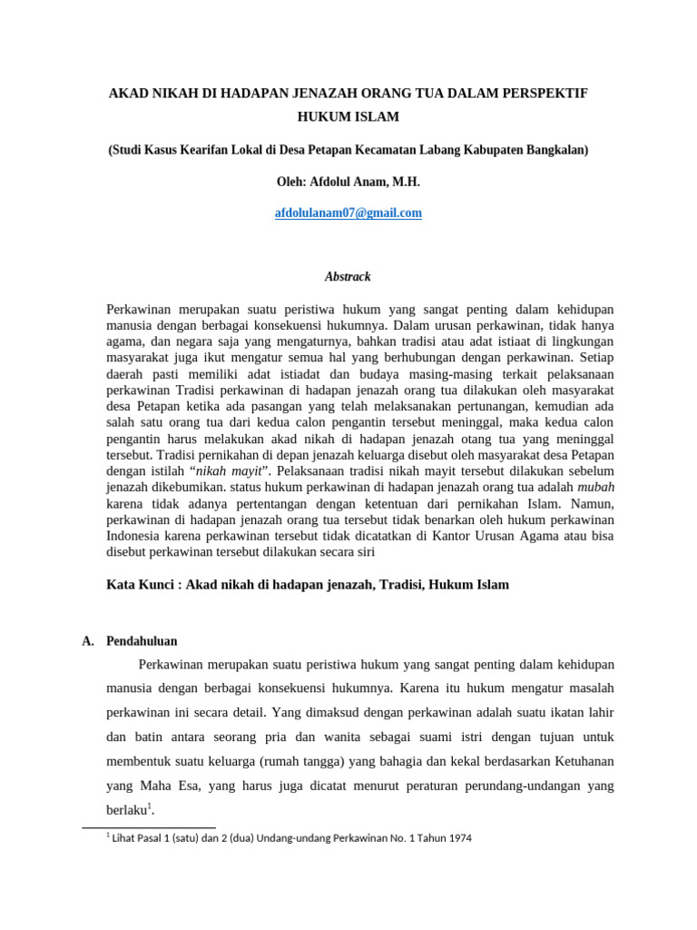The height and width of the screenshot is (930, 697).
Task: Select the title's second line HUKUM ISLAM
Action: coord(348,118)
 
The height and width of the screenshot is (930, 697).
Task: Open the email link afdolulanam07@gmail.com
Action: coord(348,213)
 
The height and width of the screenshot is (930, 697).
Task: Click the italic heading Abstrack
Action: coord(348,276)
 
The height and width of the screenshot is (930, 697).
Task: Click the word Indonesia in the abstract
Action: coord(134,536)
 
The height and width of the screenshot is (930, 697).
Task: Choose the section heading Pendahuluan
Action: coord(142,640)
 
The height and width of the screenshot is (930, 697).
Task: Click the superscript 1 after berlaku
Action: coord(148,806)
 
